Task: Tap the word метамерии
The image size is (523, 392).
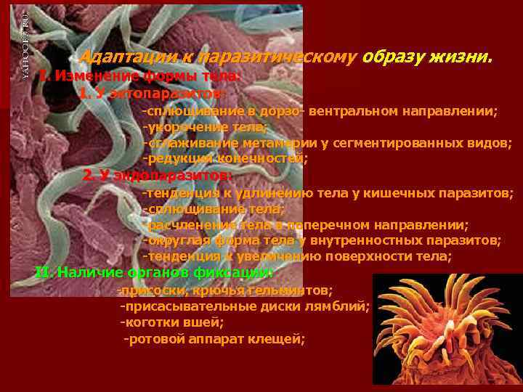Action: tap(265, 142)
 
